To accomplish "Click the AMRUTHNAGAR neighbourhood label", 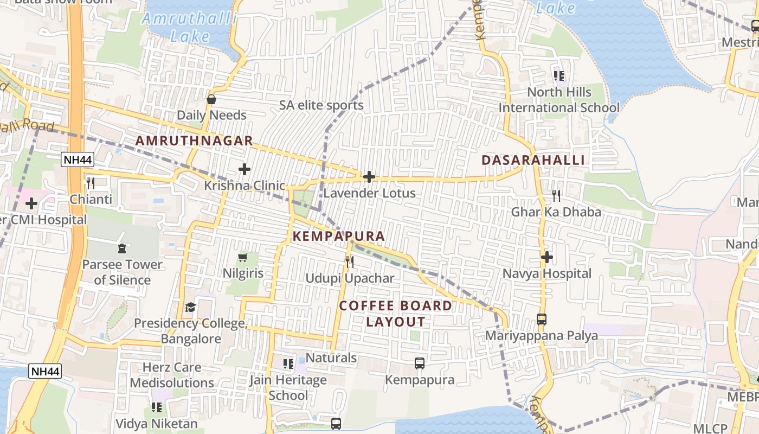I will [194, 141].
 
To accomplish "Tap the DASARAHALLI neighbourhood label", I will [533, 160].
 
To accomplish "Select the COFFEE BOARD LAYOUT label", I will [396, 314].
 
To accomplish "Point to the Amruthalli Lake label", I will [190, 27].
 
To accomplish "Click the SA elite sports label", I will [321, 105].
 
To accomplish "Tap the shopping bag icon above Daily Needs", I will [211, 99].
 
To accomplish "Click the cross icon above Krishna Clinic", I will [245, 169].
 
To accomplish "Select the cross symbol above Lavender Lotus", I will [369, 177].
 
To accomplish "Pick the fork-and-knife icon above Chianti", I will [91, 183].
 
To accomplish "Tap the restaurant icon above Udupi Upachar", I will [350, 262].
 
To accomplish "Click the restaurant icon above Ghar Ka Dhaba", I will [556, 195].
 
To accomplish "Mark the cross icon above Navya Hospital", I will [546, 257].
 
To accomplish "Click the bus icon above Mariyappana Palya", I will [542, 320].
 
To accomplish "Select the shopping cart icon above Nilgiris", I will [243, 257].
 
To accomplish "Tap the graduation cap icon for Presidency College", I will [190, 308].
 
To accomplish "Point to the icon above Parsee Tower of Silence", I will [121, 248].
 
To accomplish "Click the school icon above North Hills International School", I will [559, 76].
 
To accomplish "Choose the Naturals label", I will [331, 358].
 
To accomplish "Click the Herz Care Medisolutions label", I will [172, 375].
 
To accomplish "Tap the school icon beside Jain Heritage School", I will [288, 363].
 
